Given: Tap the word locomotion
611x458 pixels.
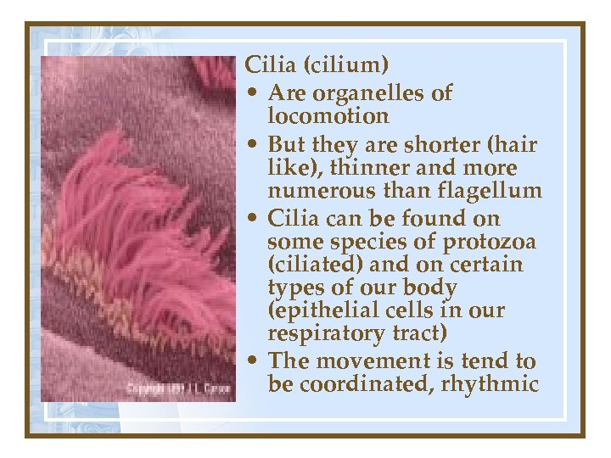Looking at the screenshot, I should [328, 115].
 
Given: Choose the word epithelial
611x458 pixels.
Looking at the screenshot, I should [329, 310].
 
